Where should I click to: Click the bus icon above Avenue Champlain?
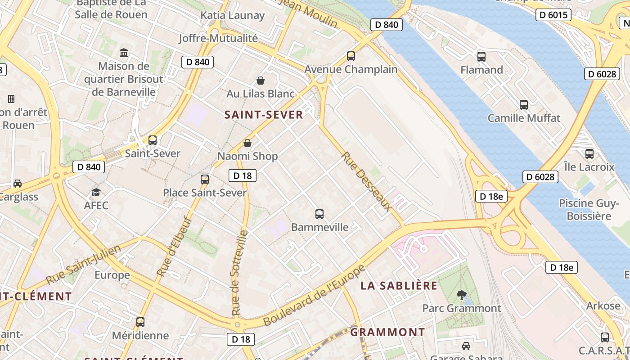coord(351,56)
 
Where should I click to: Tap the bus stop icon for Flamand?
coord(481,57)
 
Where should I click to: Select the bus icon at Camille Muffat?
coord(524,105)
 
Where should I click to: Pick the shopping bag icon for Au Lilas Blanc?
coord(260,81)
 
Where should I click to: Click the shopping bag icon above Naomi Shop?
coord(247,143)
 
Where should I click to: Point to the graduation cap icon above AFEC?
coord(96,193)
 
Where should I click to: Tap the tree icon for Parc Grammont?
coord(461,295)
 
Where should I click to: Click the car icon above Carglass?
coord(18,184)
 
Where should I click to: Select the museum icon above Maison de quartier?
coord(124,53)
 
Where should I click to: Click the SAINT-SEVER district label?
coord(264,115)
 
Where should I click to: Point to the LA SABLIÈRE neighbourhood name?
coord(399,285)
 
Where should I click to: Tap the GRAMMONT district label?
coord(387,332)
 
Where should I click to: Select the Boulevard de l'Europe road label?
coord(315,296)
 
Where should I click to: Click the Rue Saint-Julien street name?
coord(84,265)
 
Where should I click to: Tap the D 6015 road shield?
coord(553,15)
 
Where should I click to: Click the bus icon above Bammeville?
coord(319,214)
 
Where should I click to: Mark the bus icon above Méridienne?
coord(140,322)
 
